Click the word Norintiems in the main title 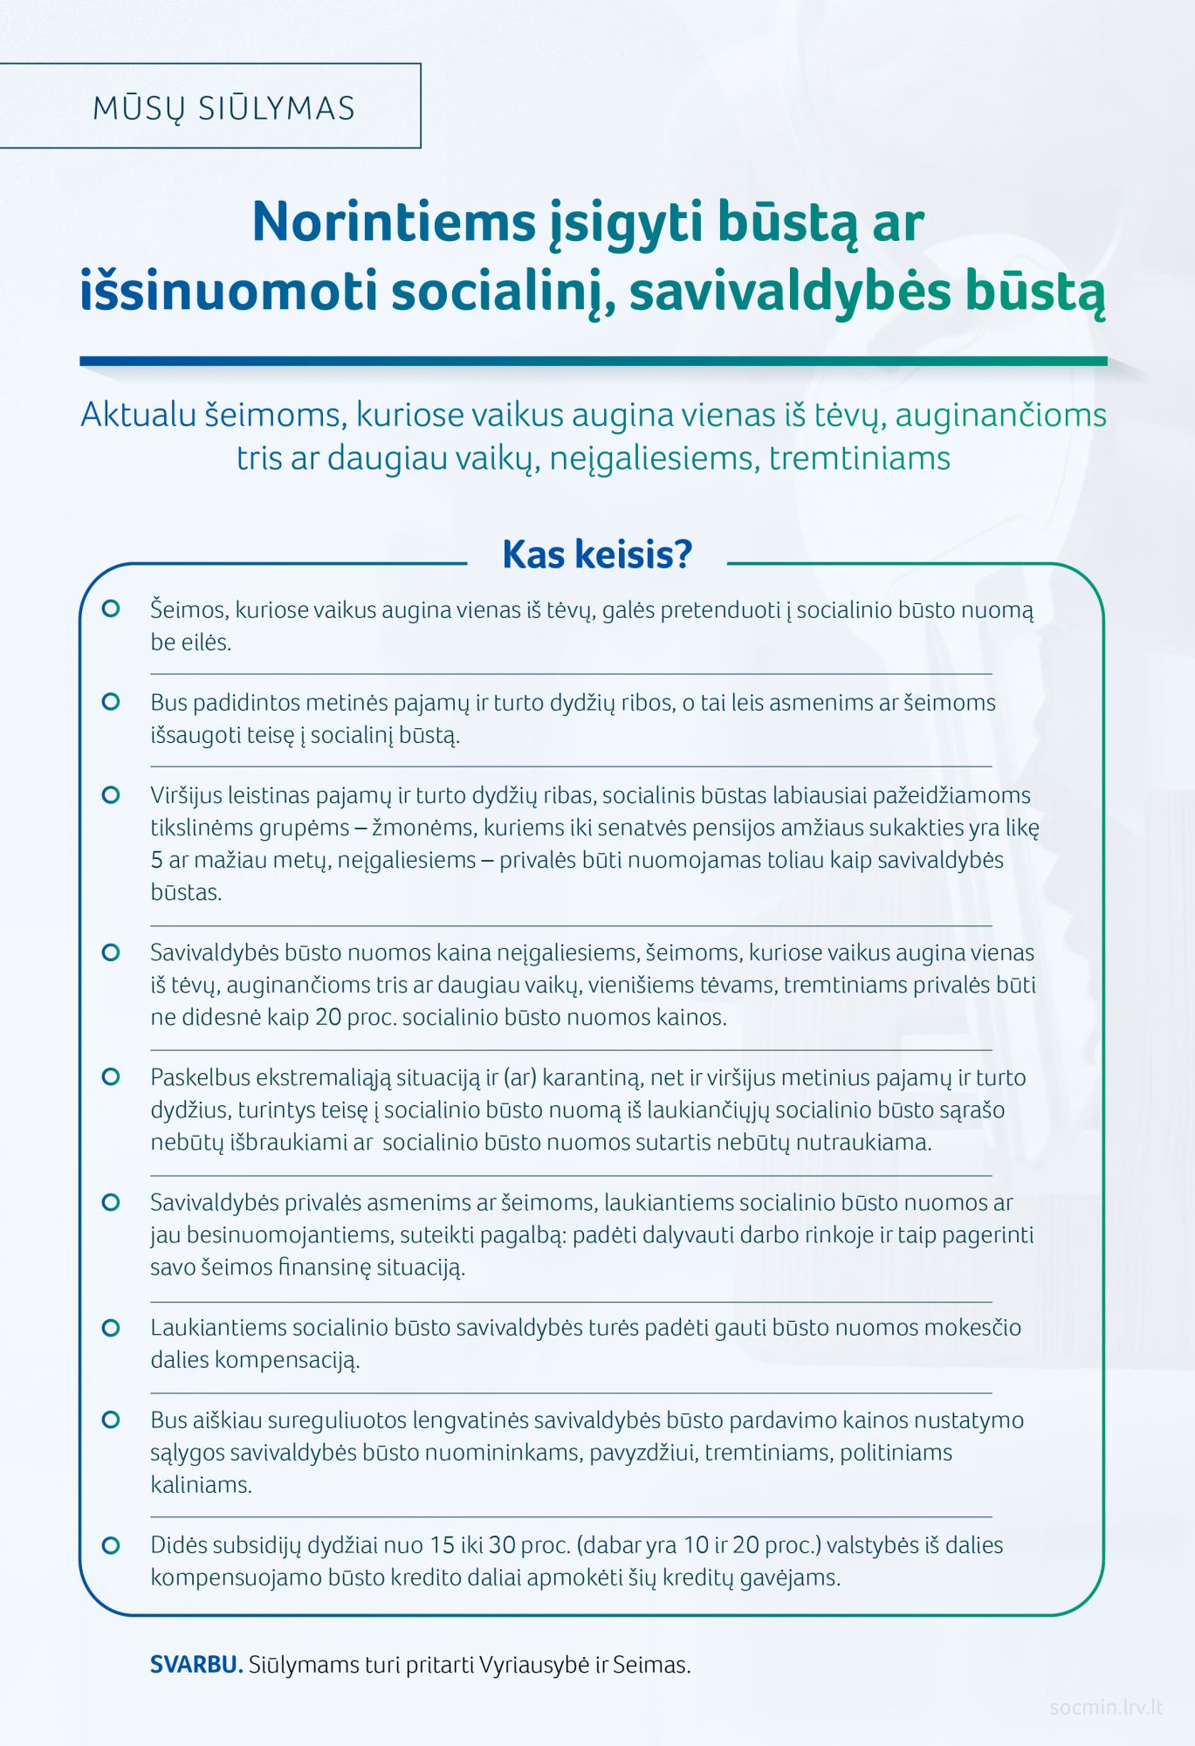[393, 222]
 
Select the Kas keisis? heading [597, 554]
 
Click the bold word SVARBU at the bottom [196, 1665]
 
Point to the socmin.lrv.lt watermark [1106, 1707]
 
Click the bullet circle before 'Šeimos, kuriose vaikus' [111, 608]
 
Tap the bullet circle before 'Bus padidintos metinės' [111, 701]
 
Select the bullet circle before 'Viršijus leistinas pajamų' [111, 794]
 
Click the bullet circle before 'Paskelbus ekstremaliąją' [111, 1076]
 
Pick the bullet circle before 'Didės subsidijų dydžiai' [111, 1544]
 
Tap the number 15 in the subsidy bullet [443, 1545]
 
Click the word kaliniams [201, 1485]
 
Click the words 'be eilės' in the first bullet [190, 643]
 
